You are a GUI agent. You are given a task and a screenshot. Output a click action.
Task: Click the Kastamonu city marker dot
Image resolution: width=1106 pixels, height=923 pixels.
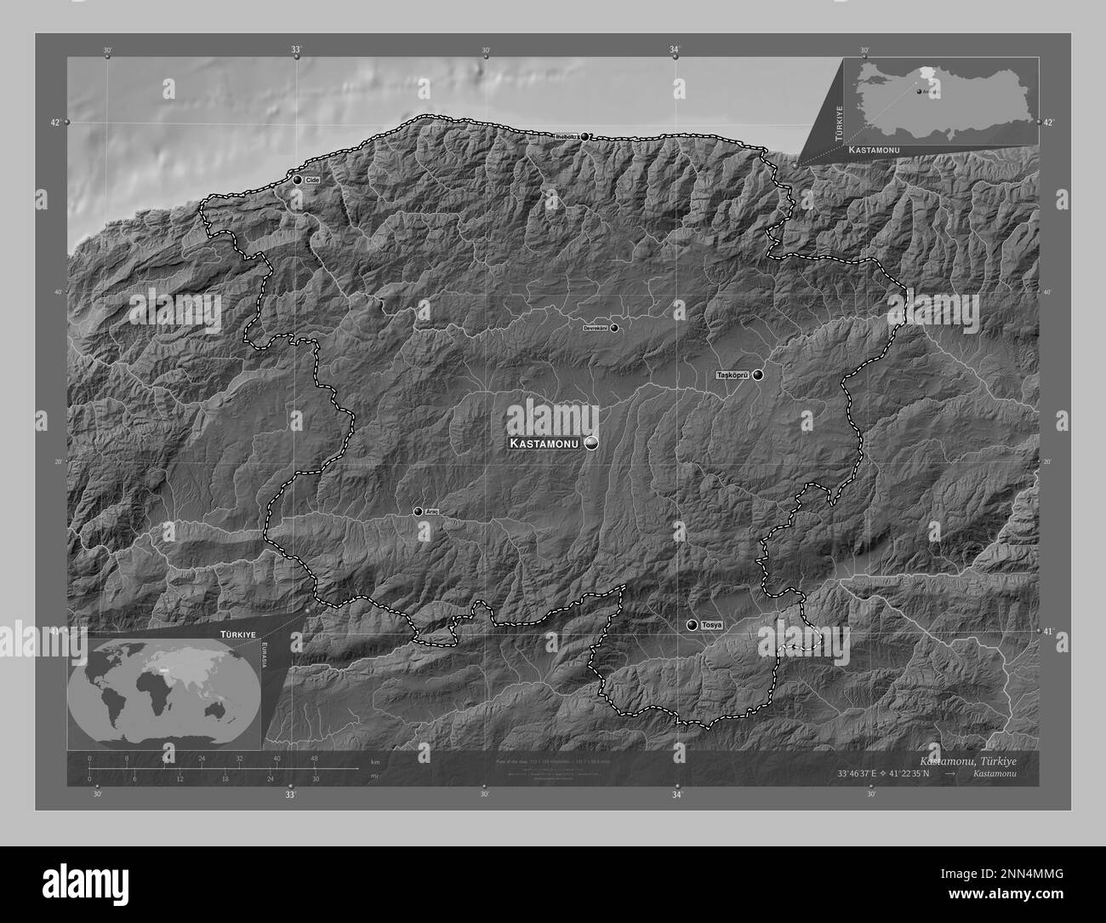coord(590,444)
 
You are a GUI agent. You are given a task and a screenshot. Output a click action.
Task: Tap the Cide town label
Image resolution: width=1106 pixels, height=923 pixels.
coord(311,181)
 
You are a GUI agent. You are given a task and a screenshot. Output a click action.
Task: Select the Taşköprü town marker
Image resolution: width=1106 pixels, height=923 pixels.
coord(757,375)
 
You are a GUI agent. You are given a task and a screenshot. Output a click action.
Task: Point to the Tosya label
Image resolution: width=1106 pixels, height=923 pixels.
coord(712,625)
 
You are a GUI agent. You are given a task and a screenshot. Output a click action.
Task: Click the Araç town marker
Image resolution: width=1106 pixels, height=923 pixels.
coord(418,512)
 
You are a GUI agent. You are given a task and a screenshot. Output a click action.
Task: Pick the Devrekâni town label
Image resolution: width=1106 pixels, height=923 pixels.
coord(595,328)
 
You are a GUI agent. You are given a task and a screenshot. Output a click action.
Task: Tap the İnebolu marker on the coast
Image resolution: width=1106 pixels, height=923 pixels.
coord(584,136)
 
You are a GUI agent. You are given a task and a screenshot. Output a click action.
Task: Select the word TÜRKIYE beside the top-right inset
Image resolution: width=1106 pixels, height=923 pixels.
coord(838,123)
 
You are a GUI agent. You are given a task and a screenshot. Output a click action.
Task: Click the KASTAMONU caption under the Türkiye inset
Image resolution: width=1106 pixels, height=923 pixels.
coord(875,149)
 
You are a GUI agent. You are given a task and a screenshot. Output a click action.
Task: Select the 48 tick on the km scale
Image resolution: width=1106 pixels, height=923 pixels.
coord(314,759)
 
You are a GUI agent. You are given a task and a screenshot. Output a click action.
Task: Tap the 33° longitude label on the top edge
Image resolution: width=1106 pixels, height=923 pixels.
coord(295,51)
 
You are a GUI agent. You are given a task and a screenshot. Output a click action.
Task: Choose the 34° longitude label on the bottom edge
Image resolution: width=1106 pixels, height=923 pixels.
coord(677,795)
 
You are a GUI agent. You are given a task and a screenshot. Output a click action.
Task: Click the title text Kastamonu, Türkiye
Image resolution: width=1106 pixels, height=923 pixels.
coord(967,760)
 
